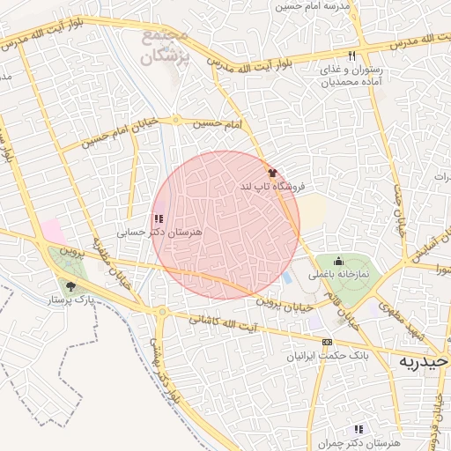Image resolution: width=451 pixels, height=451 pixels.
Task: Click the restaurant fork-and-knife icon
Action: coord(326,55)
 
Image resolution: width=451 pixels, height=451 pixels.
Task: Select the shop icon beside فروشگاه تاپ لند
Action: coord(272,173)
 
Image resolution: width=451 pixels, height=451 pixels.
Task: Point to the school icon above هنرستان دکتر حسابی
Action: coord(159,218)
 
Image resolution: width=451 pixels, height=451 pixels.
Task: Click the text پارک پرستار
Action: coord(71,300)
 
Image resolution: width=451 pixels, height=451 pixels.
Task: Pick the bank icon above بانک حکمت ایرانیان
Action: coord(328,342)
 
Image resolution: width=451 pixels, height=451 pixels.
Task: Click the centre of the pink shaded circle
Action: coord(225,225)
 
